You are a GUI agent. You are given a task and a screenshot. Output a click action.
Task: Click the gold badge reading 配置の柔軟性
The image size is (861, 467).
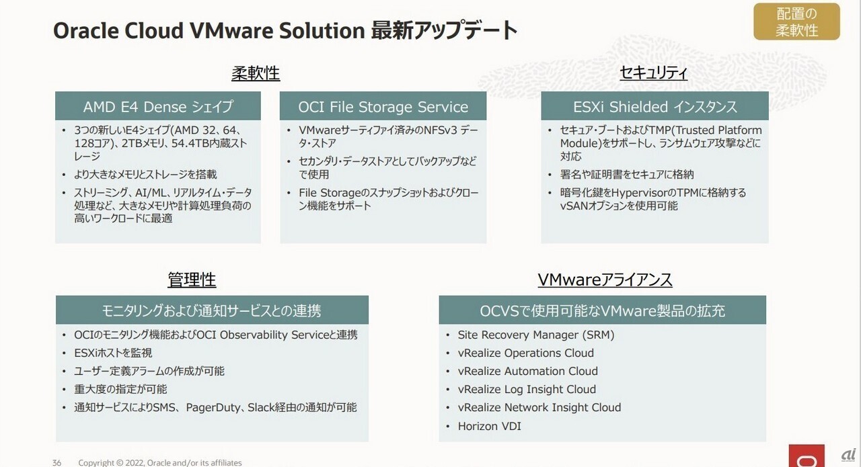pyautogui.click(x=796, y=22)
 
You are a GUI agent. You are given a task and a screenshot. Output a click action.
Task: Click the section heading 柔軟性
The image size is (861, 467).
pyautogui.click(x=256, y=73)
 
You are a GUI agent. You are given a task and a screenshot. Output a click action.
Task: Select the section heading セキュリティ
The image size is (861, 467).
pyautogui.click(x=654, y=73)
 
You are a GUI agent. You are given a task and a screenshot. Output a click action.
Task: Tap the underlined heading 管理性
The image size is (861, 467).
pyautogui.click(x=192, y=280)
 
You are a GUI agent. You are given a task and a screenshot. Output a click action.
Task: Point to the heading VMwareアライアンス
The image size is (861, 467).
pyautogui.click(x=605, y=280)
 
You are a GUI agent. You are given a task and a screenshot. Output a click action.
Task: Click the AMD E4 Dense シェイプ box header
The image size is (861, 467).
pyautogui.click(x=158, y=107)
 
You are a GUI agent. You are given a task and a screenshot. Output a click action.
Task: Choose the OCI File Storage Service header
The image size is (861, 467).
pyautogui.click(x=383, y=107)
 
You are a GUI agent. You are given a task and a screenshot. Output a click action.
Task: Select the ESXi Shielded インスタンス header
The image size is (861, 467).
pyautogui.click(x=654, y=107)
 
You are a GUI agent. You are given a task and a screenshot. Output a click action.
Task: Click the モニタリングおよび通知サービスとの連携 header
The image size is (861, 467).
pyautogui.click(x=211, y=310)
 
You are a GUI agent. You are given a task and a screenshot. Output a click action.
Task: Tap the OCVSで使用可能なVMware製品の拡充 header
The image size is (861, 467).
pyautogui.click(x=602, y=310)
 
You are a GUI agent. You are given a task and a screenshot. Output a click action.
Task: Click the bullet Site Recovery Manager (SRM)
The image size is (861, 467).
pyautogui.click(x=536, y=335)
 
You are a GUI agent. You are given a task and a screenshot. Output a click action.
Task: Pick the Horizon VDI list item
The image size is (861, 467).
pyautogui.click(x=489, y=426)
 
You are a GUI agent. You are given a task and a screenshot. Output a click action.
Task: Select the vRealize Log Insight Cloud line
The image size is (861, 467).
pyautogui.click(x=527, y=389)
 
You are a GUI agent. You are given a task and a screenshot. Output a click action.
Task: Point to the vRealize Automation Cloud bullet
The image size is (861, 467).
pyautogui.click(x=527, y=371)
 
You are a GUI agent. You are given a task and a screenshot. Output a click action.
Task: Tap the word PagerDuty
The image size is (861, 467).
pyautogui.click(x=214, y=407)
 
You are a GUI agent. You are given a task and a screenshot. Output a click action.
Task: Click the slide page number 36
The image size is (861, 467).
pyautogui.click(x=57, y=462)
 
